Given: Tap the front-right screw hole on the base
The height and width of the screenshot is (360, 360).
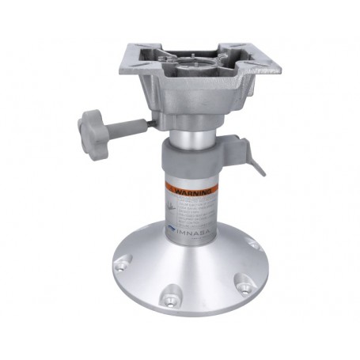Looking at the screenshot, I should (244, 281).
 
